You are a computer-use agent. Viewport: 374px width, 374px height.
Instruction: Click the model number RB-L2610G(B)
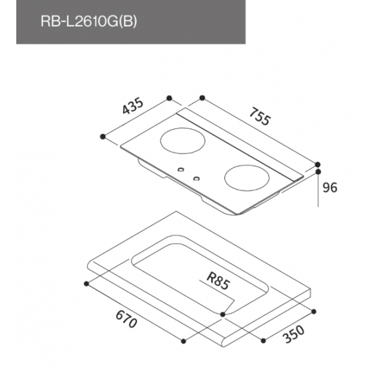(89, 22)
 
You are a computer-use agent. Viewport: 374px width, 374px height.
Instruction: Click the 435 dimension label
(133, 106)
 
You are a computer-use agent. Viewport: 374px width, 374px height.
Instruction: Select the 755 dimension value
(260, 116)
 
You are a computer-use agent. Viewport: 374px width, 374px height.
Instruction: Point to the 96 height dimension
(330, 188)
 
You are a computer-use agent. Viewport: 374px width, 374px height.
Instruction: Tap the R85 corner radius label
(218, 281)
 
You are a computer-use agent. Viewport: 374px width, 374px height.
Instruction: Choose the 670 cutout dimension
(127, 320)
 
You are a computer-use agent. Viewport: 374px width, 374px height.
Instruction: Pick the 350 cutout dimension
(294, 334)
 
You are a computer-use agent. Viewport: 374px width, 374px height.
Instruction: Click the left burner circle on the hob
(183, 141)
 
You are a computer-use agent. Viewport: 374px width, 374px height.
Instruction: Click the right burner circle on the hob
(247, 178)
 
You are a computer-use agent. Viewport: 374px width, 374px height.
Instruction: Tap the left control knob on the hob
(181, 170)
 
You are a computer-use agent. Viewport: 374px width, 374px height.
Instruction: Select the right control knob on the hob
(196, 179)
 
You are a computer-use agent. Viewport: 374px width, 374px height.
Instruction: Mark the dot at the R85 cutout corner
(223, 315)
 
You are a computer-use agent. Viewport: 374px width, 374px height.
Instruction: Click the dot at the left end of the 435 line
(103, 137)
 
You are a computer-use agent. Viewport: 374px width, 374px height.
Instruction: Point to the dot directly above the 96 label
(318, 172)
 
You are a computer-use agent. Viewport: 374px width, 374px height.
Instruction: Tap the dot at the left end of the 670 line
(87, 284)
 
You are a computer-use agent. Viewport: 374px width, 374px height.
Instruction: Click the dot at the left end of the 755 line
(202, 98)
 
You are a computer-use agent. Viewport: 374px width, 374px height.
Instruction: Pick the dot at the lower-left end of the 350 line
(264, 341)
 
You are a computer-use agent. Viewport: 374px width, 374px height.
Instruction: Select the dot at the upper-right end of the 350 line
(314, 311)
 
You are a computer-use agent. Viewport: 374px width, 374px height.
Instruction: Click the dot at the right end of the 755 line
(317, 165)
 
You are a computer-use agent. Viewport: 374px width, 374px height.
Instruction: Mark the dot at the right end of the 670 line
(183, 341)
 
